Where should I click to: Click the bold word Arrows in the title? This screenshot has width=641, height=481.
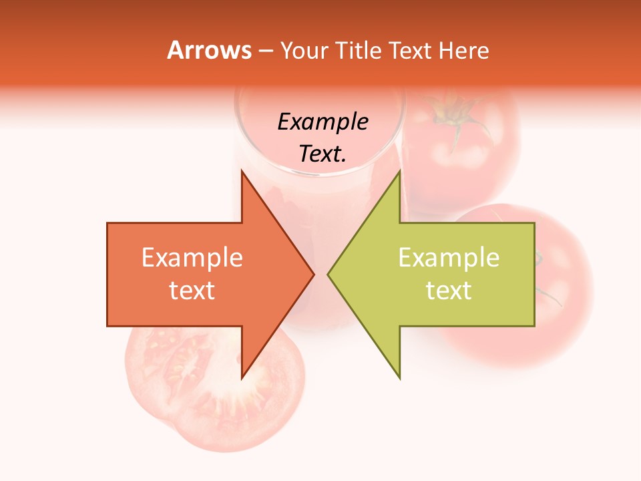pyautogui.click(x=209, y=50)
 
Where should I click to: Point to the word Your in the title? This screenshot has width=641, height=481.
pyautogui.click(x=302, y=51)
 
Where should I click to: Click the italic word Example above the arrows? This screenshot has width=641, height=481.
pyautogui.click(x=323, y=122)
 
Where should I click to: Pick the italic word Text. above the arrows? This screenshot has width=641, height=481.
pyautogui.click(x=323, y=154)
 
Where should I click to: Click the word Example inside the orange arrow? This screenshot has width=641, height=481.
pyautogui.click(x=192, y=258)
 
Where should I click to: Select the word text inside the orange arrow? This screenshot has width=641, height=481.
pyautogui.click(x=192, y=291)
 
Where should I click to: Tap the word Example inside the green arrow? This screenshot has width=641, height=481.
pyautogui.click(x=449, y=258)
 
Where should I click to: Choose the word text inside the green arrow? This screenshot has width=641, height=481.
pyautogui.click(x=449, y=291)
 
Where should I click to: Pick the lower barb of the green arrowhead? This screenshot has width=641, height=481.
pyautogui.click(x=399, y=374)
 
